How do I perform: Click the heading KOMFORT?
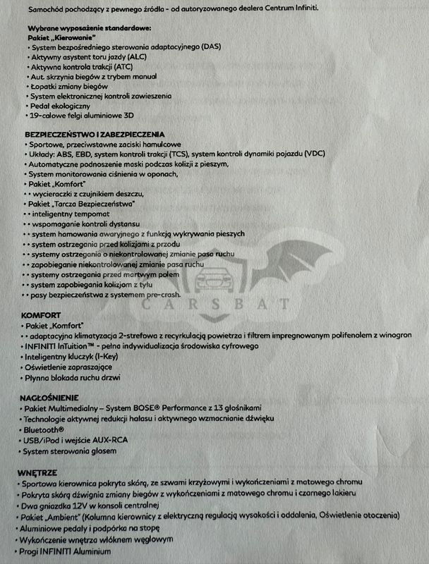(40, 315)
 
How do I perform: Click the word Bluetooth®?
(44, 429)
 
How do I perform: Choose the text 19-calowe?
(47, 114)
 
